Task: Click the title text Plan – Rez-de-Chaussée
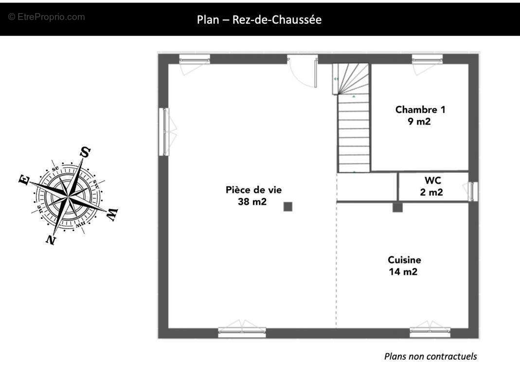(x=259, y=20)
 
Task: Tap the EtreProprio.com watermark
(x=46, y=17)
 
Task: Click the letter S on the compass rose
(x=85, y=152)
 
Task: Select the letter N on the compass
(x=51, y=239)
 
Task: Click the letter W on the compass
(x=112, y=214)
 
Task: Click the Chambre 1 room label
(x=420, y=109)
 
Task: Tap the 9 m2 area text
(x=419, y=122)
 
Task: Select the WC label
(x=432, y=180)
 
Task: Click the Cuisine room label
(x=404, y=260)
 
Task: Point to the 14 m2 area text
(x=403, y=272)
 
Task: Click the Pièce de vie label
(x=253, y=190)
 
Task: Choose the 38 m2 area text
(x=252, y=202)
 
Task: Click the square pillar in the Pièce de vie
(x=288, y=207)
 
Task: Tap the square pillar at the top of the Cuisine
(x=397, y=208)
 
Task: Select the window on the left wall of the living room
(x=164, y=132)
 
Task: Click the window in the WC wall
(x=472, y=191)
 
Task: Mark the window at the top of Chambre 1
(x=427, y=60)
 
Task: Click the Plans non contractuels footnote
(x=430, y=356)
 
